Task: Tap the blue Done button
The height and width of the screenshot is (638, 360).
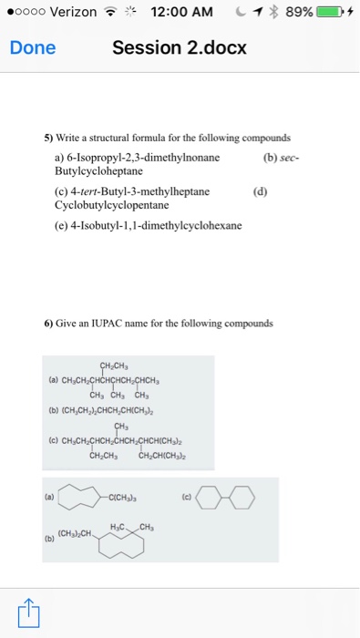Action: [32, 48]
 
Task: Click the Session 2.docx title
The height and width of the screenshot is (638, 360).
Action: [180, 48]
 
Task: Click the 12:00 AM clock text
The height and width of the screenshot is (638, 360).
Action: [181, 13]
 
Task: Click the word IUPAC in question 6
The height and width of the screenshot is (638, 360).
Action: [121, 324]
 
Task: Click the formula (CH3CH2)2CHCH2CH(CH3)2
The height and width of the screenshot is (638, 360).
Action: [113, 412]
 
